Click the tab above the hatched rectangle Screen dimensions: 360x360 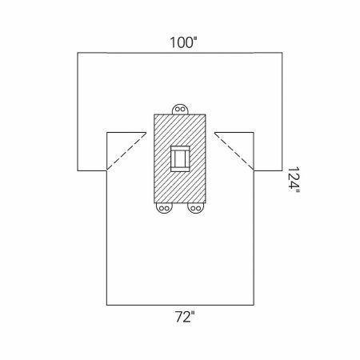click(181, 108)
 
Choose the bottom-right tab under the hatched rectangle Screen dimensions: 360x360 click(194, 209)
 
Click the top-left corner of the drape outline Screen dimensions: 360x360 click(78, 53)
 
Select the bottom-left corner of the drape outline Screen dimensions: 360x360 click(107, 305)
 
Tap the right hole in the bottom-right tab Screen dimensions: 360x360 click(198, 210)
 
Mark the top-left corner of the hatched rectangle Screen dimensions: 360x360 click(154, 114)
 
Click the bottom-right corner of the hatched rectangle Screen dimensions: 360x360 click(206, 203)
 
